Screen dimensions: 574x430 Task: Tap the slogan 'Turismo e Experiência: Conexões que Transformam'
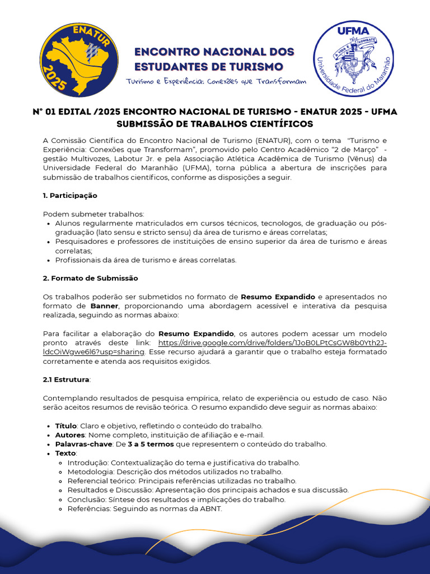[x=216, y=81]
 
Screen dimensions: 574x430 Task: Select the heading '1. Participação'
[x=70, y=196]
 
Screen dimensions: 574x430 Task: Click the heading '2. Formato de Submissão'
[x=90, y=278]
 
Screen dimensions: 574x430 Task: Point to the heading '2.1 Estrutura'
[x=66, y=379]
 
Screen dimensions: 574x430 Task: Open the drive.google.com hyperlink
[x=272, y=343]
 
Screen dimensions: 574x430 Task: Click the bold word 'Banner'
[x=104, y=305]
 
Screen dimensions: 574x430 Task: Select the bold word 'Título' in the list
[x=66, y=426]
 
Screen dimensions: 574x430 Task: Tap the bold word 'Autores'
[x=69, y=435]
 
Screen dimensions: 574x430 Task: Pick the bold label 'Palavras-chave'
[x=83, y=444]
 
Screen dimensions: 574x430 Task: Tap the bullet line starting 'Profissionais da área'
[x=146, y=260]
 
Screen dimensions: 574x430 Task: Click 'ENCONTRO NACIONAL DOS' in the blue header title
[x=214, y=52]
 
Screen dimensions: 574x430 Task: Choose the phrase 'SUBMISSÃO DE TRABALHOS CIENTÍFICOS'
[x=214, y=123]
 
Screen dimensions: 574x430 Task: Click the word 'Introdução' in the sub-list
[x=87, y=462]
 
